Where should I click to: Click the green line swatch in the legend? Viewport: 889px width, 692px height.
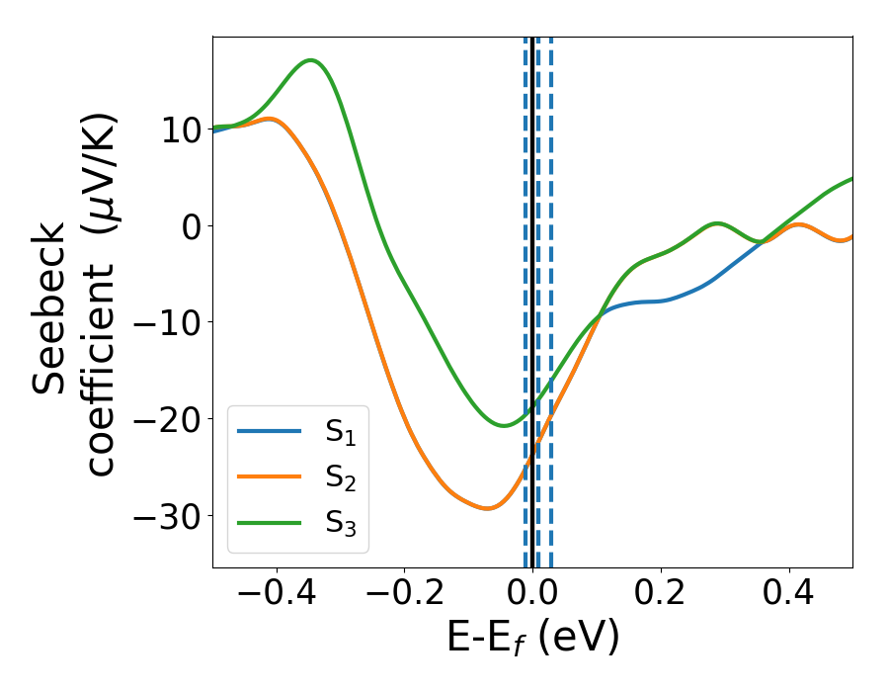tap(269, 524)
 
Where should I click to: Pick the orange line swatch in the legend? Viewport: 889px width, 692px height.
tap(269, 477)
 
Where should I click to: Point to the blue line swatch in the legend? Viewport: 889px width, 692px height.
tap(269, 431)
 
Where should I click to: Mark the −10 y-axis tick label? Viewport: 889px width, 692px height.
tap(164, 323)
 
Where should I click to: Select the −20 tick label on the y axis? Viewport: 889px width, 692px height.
tap(164, 420)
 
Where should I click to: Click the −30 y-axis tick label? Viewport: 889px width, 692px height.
tap(164, 517)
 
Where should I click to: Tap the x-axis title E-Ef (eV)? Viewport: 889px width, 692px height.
tap(532, 638)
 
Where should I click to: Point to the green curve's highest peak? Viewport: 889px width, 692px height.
tap(311, 60)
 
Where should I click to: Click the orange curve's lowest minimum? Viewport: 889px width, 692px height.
tap(486, 508)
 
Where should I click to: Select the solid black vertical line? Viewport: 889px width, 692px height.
tap(532, 297)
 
